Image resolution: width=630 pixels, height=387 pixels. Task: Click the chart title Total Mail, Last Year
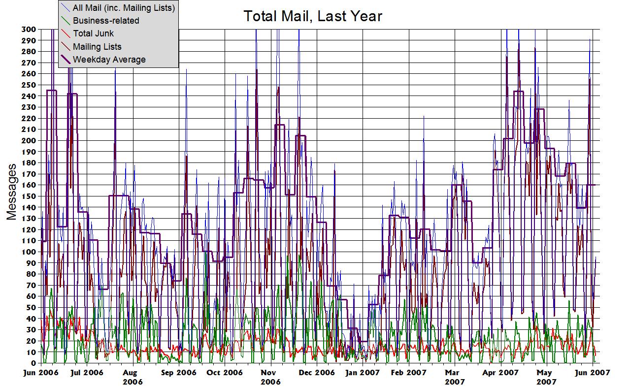(313, 16)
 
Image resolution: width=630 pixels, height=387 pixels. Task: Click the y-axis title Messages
(12, 192)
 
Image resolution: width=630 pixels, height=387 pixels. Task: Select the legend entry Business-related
(106, 21)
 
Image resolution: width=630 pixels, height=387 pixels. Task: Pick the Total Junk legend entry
(93, 33)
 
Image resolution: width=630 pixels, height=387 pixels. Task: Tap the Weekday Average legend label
(109, 60)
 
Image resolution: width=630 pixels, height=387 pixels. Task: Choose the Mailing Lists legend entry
(97, 47)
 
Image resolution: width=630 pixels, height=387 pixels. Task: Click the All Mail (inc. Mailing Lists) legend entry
(124, 8)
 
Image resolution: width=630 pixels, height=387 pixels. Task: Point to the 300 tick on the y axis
(28, 29)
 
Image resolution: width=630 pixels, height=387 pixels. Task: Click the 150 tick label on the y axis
(28, 196)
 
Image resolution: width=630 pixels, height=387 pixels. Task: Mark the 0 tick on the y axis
(33, 363)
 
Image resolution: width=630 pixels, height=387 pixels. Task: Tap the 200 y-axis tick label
(28, 140)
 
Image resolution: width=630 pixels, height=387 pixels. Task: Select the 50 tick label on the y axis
(30, 307)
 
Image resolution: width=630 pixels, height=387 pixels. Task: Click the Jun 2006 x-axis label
(40, 373)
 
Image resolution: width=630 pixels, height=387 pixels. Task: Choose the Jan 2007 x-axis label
(363, 373)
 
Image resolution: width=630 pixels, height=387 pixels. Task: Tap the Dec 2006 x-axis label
(317, 373)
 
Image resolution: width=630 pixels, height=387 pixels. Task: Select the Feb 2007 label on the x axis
(409, 373)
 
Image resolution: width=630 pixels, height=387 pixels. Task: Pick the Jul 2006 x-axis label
(87, 373)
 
